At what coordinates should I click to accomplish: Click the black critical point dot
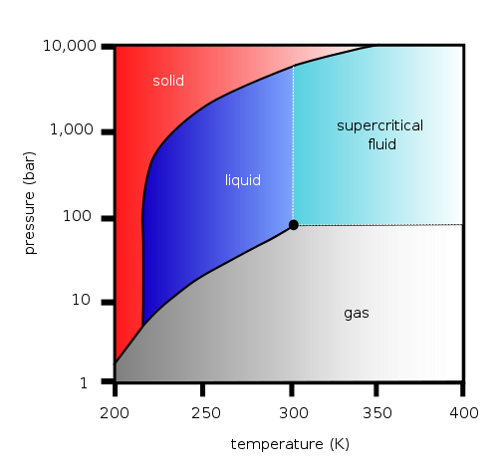(293, 225)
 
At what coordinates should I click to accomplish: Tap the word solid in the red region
(168, 81)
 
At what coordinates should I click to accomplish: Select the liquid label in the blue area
(243, 180)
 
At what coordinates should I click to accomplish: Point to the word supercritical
(379, 126)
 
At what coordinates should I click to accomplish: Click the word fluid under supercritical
(381, 144)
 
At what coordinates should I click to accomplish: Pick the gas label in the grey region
(357, 314)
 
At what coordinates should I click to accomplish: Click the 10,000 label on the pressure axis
(70, 46)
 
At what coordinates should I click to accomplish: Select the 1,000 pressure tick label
(72, 129)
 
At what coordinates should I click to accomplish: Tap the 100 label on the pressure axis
(77, 216)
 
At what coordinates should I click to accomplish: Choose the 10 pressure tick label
(81, 300)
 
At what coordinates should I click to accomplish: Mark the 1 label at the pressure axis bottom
(84, 383)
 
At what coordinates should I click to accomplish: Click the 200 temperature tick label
(115, 413)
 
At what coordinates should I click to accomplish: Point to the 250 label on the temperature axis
(206, 413)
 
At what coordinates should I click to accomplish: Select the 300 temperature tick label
(294, 413)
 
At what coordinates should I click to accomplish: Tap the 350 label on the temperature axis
(377, 413)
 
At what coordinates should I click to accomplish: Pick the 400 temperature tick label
(464, 413)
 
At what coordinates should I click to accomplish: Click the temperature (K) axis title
(290, 444)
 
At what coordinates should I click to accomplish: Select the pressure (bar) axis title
(30, 203)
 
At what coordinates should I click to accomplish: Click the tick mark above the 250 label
(202, 389)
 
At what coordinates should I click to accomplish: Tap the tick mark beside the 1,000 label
(108, 132)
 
